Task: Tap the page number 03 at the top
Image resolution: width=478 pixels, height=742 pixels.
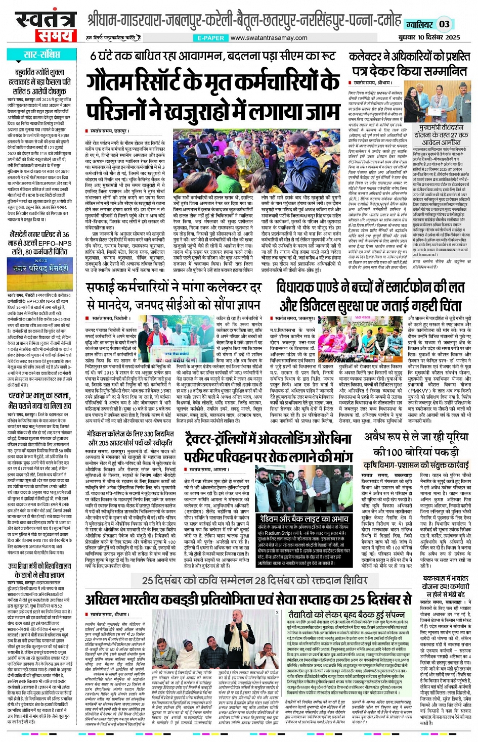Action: point(444,24)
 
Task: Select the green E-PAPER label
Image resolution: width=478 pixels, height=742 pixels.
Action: point(211,38)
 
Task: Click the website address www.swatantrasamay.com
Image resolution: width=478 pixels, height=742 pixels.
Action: point(269,38)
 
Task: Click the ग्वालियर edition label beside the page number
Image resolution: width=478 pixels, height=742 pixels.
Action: point(419,24)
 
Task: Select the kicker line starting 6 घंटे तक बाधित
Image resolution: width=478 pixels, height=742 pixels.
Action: point(212,56)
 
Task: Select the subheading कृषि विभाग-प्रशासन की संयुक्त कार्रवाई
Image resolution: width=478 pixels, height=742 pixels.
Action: point(416,465)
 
